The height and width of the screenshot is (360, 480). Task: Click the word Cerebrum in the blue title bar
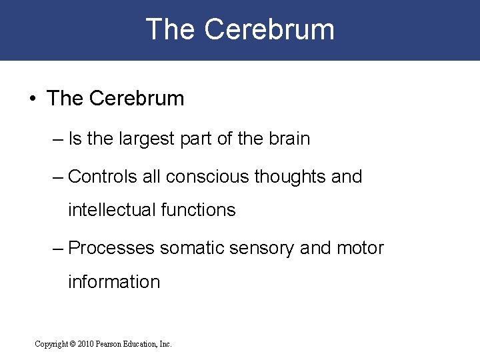269,30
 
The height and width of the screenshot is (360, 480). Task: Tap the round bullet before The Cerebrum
32,99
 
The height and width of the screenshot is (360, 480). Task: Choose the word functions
199,210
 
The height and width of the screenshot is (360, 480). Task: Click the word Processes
111,248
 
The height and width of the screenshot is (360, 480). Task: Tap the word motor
359,248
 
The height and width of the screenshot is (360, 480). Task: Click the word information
114,282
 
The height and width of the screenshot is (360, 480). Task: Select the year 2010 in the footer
86,344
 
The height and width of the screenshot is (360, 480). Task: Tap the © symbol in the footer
71,344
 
